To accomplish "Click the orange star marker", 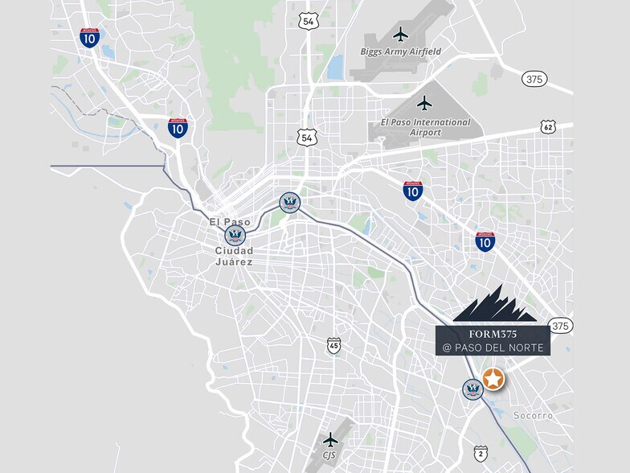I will click(x=493, y=378).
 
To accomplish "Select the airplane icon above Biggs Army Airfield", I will click(x=401, y=34).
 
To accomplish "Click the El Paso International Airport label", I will click(x=425, y=126).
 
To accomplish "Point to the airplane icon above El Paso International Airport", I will click(x=425, y=103).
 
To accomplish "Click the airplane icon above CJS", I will click(x=330, y=439).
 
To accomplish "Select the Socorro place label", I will click(x=534, y=416).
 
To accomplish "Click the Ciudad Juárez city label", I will click(x=234, y=256).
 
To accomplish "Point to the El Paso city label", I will click(x=230, y=222).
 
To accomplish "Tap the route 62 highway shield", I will click(x=548, y=127).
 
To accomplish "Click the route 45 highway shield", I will click(x=333, y=345).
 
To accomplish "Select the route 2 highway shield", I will click(x=481, y=453).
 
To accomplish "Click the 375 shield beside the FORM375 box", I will click(x=562, y=326).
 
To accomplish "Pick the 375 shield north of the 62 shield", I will click(x=534, y=79).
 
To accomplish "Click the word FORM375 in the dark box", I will click(x=493, y=333).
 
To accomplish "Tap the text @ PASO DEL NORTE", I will click(x=493, y=348).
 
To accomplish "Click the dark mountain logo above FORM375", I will click(x=493, y=304).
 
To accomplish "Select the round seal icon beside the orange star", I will click(x=472, y=389).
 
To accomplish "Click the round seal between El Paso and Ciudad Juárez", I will click(x=235, y=236).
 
